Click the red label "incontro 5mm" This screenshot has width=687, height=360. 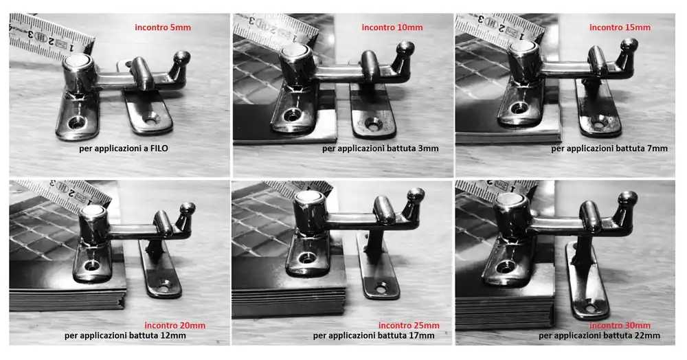pos(163,27)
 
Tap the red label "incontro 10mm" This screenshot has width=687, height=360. pos(392,27)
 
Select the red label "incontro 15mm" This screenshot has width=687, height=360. pos(620,27)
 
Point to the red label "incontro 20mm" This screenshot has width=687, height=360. pos(174,326)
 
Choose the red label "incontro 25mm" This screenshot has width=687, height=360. pos(409,326)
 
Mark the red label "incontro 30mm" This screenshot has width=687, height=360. pos(620,326)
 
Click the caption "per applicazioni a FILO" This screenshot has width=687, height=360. pos(124,148)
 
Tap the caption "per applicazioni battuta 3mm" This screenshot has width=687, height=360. pos(381,148)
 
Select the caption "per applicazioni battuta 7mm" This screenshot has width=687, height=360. pos(609,148)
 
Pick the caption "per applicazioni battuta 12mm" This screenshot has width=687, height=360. pos(125,336)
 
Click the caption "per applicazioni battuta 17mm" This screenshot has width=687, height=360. pos(374,336)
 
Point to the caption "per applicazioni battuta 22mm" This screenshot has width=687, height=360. pos(599,336)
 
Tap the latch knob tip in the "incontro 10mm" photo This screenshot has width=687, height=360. pos(406,47)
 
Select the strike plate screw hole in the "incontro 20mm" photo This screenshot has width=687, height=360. pos(164,288)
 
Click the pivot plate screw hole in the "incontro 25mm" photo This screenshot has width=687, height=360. pos(307,258)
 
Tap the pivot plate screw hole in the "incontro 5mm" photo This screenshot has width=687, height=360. pos(77,123)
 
